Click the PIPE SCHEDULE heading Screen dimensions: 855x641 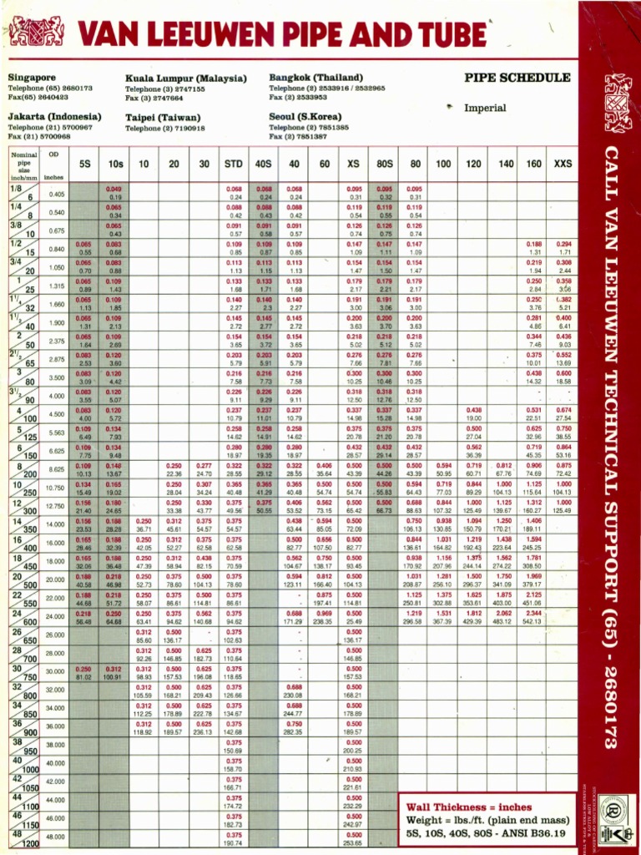pyautogui.click(x=517, y=78)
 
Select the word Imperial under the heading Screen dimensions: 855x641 pyautogui.click(x=485, y=108)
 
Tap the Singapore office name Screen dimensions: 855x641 pyautogui.click(x=32, y=78)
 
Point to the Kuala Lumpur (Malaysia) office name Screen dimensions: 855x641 pyautogui.click(x=180, y=78)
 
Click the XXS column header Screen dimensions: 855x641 pyautogui.click(x=563, y=164)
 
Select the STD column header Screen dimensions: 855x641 pyautogui.click(x=234, y=164)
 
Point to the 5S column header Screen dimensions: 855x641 pyautogui.click(x=84, y=164)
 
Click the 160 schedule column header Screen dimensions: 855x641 pyautogui.click(x=534, y=164)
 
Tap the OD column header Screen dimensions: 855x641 pyautogui.click(x=54, y=155)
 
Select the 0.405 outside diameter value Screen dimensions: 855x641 pyautogui.click(x=57, y=194)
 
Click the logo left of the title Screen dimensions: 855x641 pyautogui.click(x=36, y=32)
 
